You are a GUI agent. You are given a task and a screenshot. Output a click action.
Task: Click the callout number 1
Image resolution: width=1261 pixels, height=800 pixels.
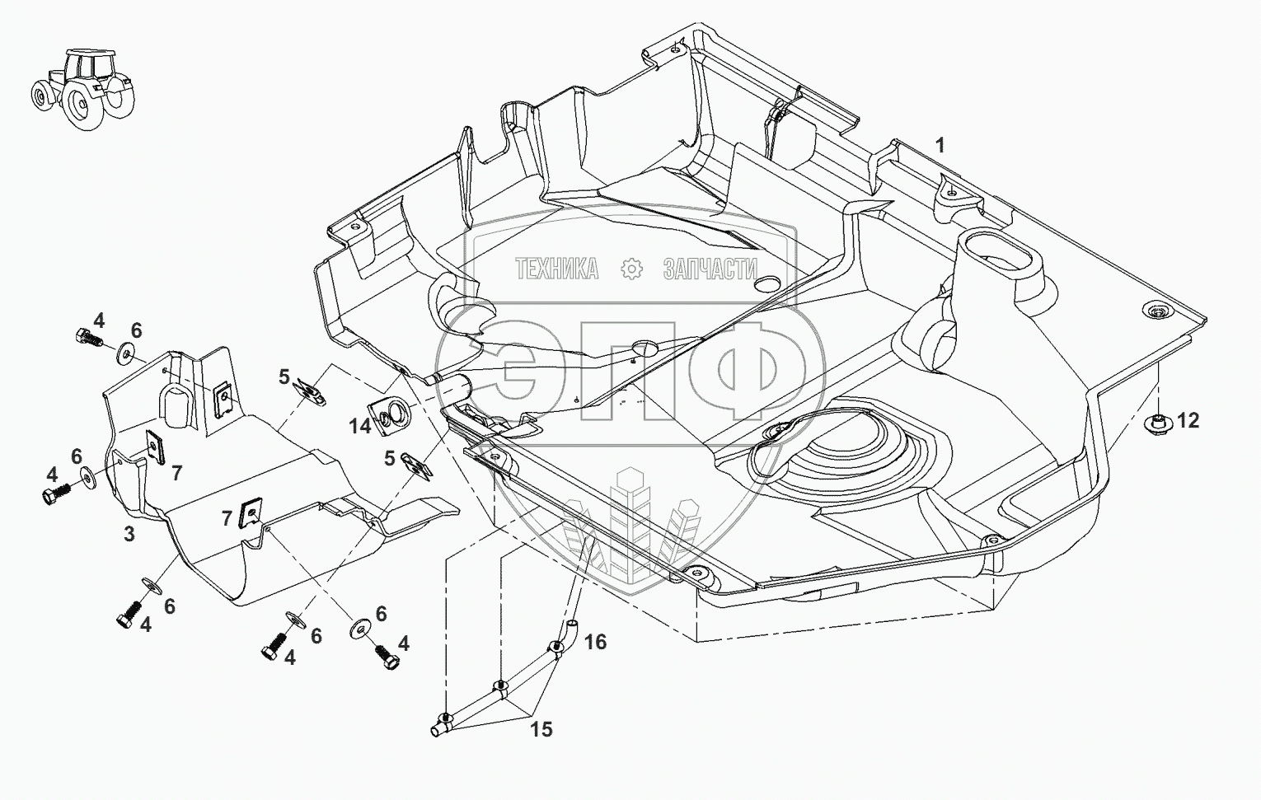(940, 147)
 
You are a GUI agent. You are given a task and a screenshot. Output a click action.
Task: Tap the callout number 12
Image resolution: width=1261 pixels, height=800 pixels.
(1188, 420)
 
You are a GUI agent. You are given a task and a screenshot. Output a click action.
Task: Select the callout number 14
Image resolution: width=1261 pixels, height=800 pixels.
(359, 426)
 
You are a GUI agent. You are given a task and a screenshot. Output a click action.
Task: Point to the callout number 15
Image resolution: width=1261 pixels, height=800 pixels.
(541, 730)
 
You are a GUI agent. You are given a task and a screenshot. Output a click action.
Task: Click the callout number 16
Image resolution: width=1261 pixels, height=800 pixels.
(596, 642)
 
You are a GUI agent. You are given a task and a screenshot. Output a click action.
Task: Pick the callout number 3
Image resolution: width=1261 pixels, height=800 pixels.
(129, 534)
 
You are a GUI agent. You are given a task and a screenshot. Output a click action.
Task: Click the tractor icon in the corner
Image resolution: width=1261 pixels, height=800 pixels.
(82, 89)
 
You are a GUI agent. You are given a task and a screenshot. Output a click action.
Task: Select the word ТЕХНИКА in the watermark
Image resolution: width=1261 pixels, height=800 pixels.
(557, 269)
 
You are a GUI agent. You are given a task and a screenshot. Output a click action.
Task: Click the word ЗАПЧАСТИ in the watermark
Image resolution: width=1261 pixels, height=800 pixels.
(710, 269)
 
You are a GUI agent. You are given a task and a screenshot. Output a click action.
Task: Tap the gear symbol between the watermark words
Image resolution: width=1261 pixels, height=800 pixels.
(631, 269)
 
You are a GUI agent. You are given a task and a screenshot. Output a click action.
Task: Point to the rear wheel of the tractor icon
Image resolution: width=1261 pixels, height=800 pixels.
(82, 105)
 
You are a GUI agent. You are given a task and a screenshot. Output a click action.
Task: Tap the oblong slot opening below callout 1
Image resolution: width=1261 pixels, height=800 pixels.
(998, 262)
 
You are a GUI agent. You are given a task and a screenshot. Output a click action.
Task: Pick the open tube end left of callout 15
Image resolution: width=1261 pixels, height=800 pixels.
(435, 731)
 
